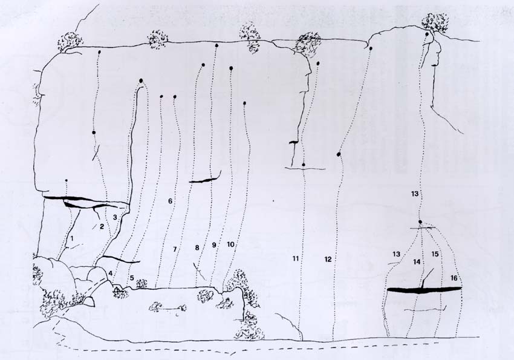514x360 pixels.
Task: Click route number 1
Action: (72, 236)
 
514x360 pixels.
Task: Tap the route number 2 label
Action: (102, 226)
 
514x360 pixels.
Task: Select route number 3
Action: (115, 217)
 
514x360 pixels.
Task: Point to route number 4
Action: (111, 273)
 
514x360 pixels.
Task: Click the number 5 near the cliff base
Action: (132, 278)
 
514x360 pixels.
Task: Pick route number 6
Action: (170, 201)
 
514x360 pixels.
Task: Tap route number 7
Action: (175, 249)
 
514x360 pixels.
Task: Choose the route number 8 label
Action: (197, 248)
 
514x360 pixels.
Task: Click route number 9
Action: (215, 244)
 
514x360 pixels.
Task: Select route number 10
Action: (230, 244)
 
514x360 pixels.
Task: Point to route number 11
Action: (296, 259)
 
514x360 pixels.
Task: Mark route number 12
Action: (328, 260)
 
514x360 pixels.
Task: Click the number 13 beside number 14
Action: (396, 254)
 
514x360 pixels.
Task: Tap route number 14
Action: (417, 262)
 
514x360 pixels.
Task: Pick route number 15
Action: (435, 254)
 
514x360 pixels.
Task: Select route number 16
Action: (454, 278)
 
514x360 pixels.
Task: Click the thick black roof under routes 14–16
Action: (425, 290)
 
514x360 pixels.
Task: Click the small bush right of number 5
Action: (142, 283)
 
